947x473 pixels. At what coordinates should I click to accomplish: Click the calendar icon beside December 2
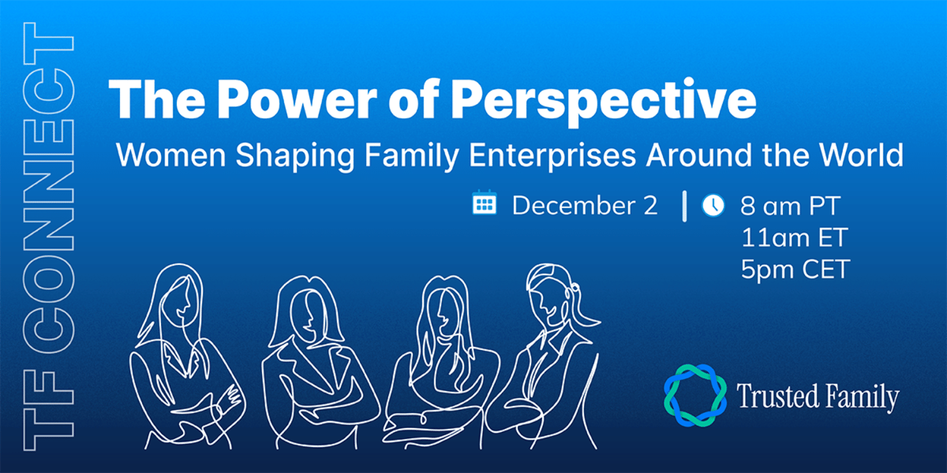[x=484, y=203]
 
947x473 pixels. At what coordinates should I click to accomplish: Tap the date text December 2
[x=585, y=206]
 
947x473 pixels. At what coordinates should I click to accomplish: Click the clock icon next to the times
[x=713, y=205]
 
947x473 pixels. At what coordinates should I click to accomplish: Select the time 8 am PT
[x=790, y=206]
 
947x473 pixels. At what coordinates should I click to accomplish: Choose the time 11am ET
[x=794, y=238]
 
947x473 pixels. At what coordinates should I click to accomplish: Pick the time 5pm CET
[x=795, y=269]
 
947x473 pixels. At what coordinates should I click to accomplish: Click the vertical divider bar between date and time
[x=684, y=207]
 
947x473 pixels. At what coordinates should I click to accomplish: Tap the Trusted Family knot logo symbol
[x=695, y=395]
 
